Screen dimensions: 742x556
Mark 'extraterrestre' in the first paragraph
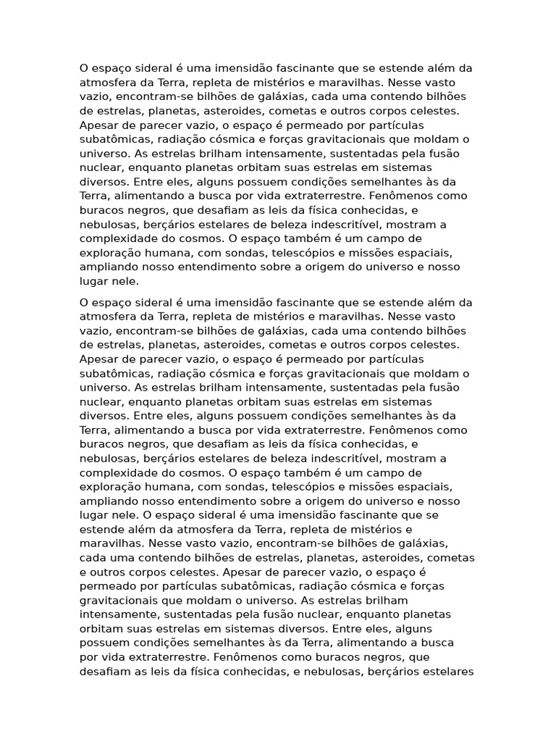pyautogui.click(x=327, y=196)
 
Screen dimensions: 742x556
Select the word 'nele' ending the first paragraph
pyautogui.click(x=124, y=281)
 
